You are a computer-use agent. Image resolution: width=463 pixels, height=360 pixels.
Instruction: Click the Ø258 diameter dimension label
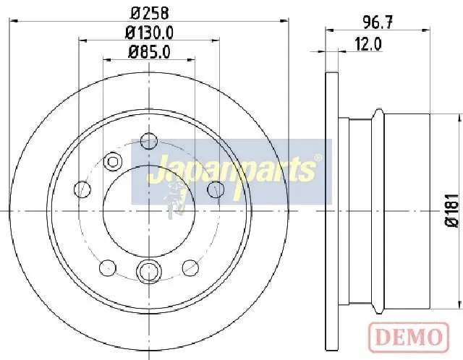tap(150, 13)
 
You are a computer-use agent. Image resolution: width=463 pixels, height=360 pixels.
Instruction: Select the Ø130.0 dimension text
tap(149, 33)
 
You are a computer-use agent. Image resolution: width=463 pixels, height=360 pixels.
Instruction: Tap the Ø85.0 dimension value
tap(149, 53)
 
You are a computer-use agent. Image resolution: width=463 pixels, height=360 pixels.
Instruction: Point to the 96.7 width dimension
tap(378, 22)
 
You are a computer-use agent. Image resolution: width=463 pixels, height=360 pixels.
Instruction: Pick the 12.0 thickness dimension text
tap(368, 44)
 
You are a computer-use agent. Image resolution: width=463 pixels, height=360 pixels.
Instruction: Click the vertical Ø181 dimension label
tap(453, 210)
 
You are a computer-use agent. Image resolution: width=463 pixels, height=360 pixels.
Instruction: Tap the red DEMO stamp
tap(409, 338)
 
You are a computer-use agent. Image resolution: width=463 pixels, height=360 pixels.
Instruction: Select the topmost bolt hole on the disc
tap(149, 141)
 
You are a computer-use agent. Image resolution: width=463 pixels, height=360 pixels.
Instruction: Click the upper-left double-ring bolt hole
tap(113, 161)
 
